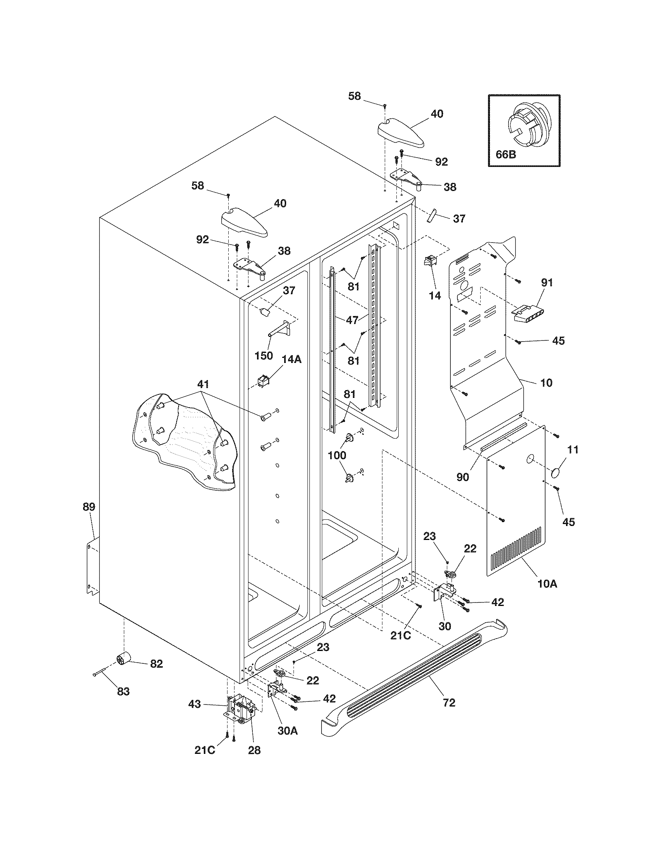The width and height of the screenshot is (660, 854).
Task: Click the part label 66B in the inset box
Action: pos(505,154)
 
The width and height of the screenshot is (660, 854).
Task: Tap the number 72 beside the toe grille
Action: pos(449,703)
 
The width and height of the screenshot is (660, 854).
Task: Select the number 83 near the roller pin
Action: pos(123,692)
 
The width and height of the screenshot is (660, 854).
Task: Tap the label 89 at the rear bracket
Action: pos(89,507)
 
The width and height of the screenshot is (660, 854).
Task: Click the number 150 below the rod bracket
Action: pos(264,356)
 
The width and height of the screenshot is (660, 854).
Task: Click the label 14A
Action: pos(292,359)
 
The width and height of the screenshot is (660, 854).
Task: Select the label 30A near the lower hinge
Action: pos(288,730)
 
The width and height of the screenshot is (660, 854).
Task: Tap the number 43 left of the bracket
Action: pos(195,704)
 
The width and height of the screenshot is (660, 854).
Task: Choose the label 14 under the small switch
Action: pos(435,296)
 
